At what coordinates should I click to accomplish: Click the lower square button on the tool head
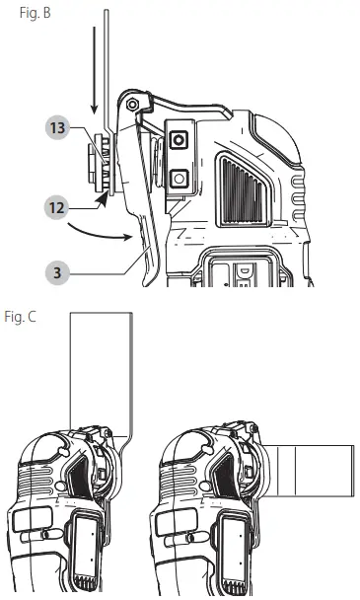pyautogui.click(x=179, y=179)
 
